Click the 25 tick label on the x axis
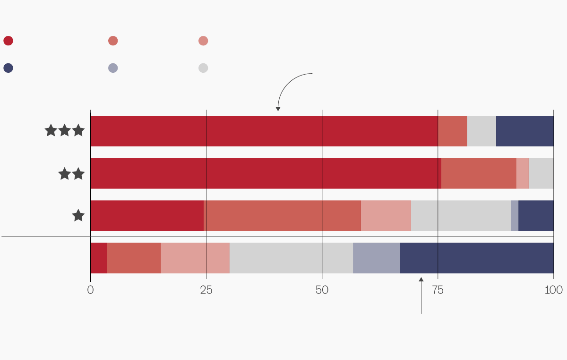(206, 290)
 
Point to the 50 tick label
(322, 290)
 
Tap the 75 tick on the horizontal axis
(438, 290)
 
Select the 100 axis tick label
(554, 290)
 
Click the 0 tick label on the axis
(91, 290)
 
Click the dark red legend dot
(8, 41)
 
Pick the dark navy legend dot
(8, 68)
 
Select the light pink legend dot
(203, 41)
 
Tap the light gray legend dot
(203, 68)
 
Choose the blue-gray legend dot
(113, 68)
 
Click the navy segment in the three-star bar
(524, 131)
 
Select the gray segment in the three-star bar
(481, 131)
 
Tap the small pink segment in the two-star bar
(522, 173)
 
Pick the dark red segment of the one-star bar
(147, 215)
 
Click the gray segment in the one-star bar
(461, 215)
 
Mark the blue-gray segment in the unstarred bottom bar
(376, 258)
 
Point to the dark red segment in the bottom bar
(99, 258)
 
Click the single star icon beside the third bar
(78, 216)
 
